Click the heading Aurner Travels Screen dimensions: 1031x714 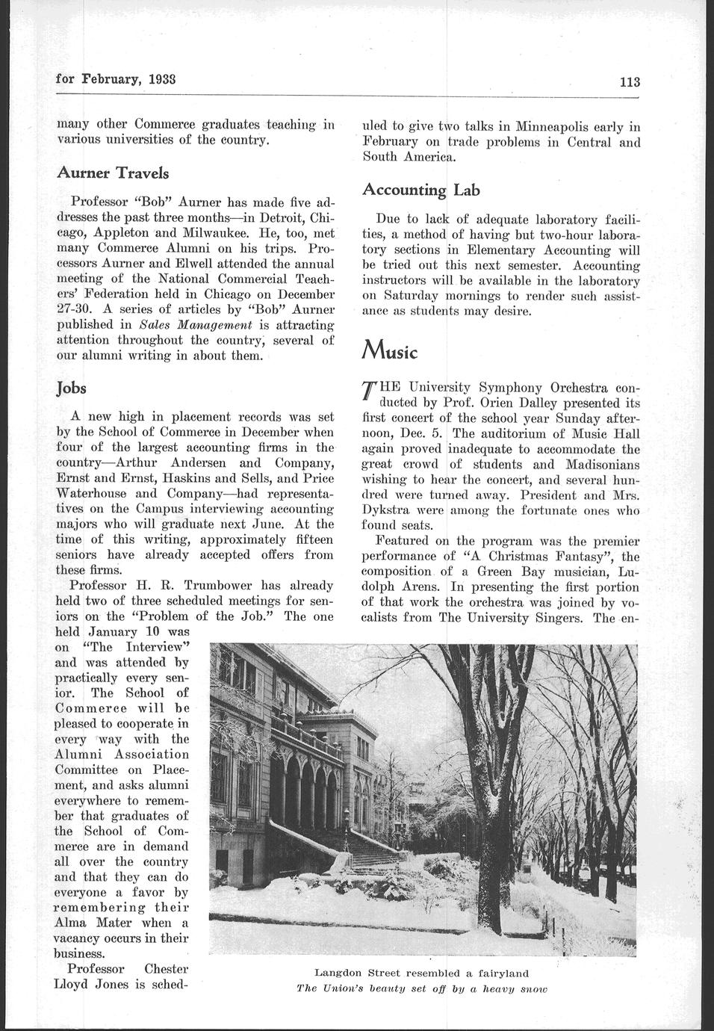(113, 173)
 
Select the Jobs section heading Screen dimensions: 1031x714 (72, 388)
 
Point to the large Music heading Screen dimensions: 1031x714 (389, 350)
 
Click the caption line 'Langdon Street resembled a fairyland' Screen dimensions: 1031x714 (421, 973)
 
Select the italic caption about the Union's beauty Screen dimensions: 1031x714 (421, 988)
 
